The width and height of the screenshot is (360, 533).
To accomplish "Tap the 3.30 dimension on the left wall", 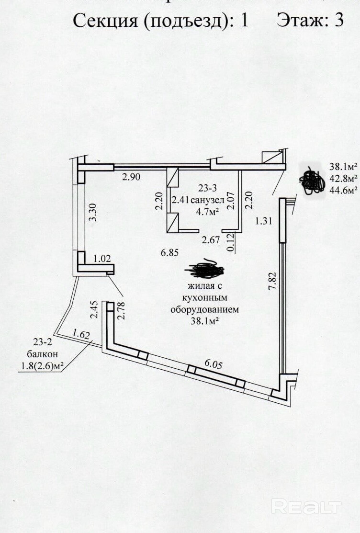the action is coord(93,212).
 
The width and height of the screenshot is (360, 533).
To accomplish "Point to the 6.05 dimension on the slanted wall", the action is coord(214,363).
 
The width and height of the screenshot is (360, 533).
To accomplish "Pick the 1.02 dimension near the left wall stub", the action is coord(102,259).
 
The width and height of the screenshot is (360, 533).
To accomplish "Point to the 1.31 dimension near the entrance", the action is coord(263,221).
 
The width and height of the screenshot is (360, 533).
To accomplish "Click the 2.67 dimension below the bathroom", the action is coord(211,240).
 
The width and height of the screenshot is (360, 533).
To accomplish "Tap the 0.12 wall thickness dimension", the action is coord(231,243).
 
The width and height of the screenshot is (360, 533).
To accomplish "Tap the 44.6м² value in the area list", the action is coord(344,191).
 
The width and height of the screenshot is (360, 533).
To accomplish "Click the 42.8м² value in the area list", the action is coord(344,179).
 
